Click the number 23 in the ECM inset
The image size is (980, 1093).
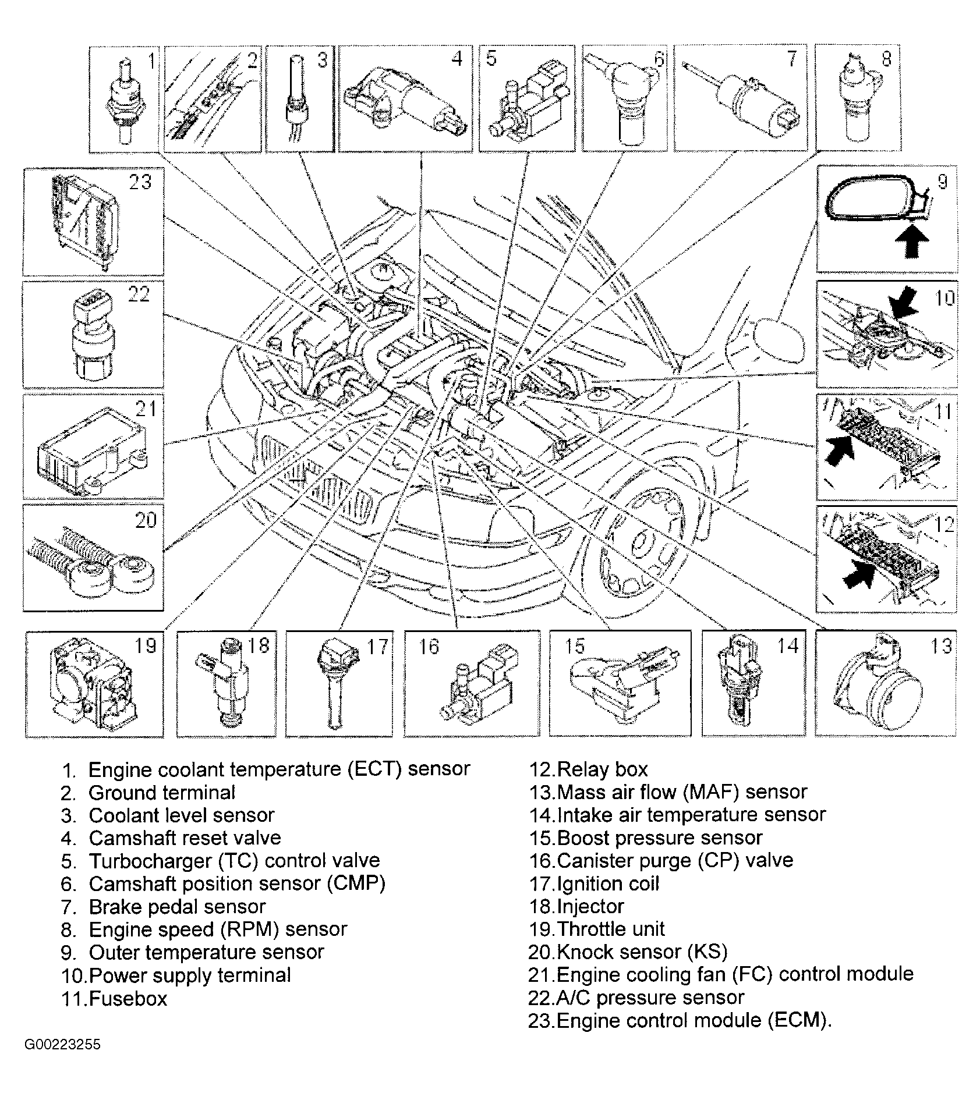(140, 182)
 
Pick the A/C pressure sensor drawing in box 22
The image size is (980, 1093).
(93, 338)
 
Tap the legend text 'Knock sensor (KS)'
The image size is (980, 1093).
(642, 952)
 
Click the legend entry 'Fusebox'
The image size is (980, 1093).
(128, 999)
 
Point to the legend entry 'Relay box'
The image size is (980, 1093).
(602, 770)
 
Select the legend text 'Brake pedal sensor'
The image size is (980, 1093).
(177, 907)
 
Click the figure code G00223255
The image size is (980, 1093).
(62, 1044)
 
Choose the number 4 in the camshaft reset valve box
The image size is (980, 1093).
(457, 59)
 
